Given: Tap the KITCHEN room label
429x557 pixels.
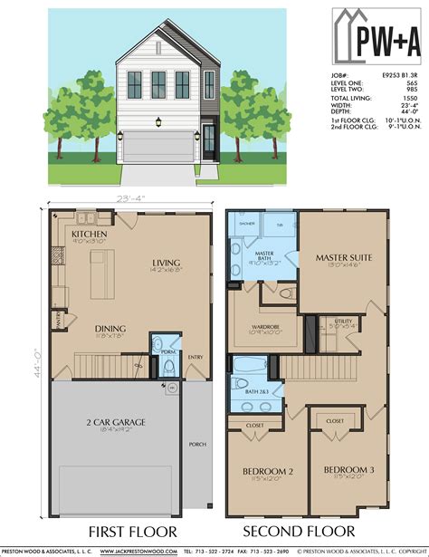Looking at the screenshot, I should [89, 234].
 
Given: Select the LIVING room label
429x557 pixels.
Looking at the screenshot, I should [168, 263].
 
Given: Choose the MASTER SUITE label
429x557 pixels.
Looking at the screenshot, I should [343, 258].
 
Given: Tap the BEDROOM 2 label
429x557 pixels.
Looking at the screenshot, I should [267, 471].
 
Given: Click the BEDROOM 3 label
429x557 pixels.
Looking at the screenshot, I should [348, 470].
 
